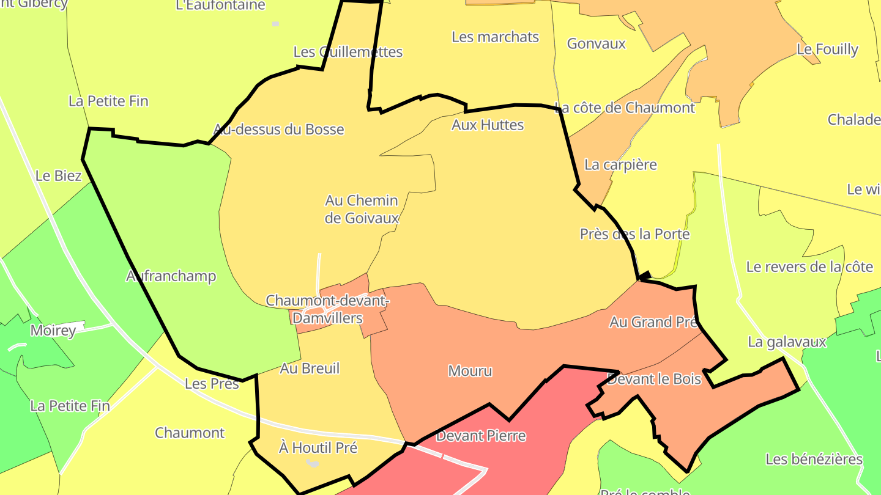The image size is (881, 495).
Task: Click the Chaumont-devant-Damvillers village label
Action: coord(327,309)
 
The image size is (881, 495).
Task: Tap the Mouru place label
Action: coord(470,371)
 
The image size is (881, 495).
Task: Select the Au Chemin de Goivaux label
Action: coord(362,209)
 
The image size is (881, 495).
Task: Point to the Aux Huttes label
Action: coord(488,125)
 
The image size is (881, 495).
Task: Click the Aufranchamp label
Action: coord(171,276)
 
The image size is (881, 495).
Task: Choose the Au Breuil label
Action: coord(310,369)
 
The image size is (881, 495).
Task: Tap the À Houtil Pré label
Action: coord(318,448)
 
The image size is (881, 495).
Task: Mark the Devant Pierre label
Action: coord(481,436)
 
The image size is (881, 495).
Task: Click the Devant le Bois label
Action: coord(655,379)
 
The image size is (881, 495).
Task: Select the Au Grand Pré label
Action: coord(654,322)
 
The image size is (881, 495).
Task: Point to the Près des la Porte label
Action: coord(634,234)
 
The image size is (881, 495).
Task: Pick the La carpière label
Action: coord(620,164)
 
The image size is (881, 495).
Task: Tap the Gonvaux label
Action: coord(597,43)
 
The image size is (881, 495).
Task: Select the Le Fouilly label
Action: coord(827,50)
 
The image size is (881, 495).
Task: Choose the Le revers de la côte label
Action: coord(809,266)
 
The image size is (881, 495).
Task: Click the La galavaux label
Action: coord(787,342)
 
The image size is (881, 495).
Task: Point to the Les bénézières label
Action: coord(814,459)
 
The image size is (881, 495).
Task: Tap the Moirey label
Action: coord(53,331)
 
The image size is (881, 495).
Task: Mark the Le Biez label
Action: coord(59,176)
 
